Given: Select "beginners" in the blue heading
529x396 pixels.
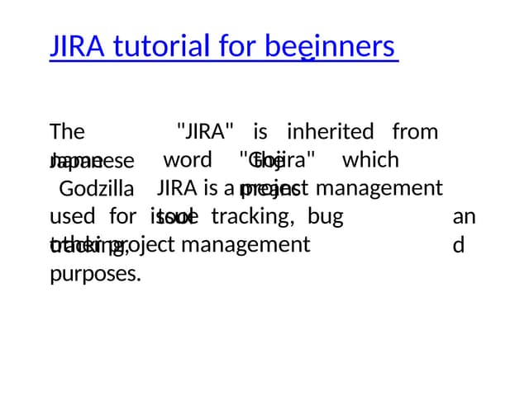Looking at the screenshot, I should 331,46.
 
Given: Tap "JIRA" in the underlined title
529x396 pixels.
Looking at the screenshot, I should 77,46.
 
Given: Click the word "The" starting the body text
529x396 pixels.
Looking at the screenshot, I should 66,132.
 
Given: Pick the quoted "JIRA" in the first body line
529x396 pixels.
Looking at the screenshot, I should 205,131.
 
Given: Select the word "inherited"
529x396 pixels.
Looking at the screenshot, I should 330,131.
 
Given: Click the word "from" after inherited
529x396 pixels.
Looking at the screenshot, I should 415,131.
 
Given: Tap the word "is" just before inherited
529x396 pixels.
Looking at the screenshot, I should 260,131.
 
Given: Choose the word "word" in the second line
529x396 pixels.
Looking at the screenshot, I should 188,158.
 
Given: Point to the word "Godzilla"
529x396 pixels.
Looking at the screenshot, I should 90,189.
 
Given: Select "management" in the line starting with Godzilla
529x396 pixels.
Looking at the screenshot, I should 379,188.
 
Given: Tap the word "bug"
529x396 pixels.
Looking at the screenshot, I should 325,218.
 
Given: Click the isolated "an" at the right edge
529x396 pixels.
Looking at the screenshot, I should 465,218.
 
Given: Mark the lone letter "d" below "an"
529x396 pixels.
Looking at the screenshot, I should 459,246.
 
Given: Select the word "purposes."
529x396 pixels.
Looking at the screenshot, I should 95,274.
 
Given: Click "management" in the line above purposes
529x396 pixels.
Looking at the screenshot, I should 245,244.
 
